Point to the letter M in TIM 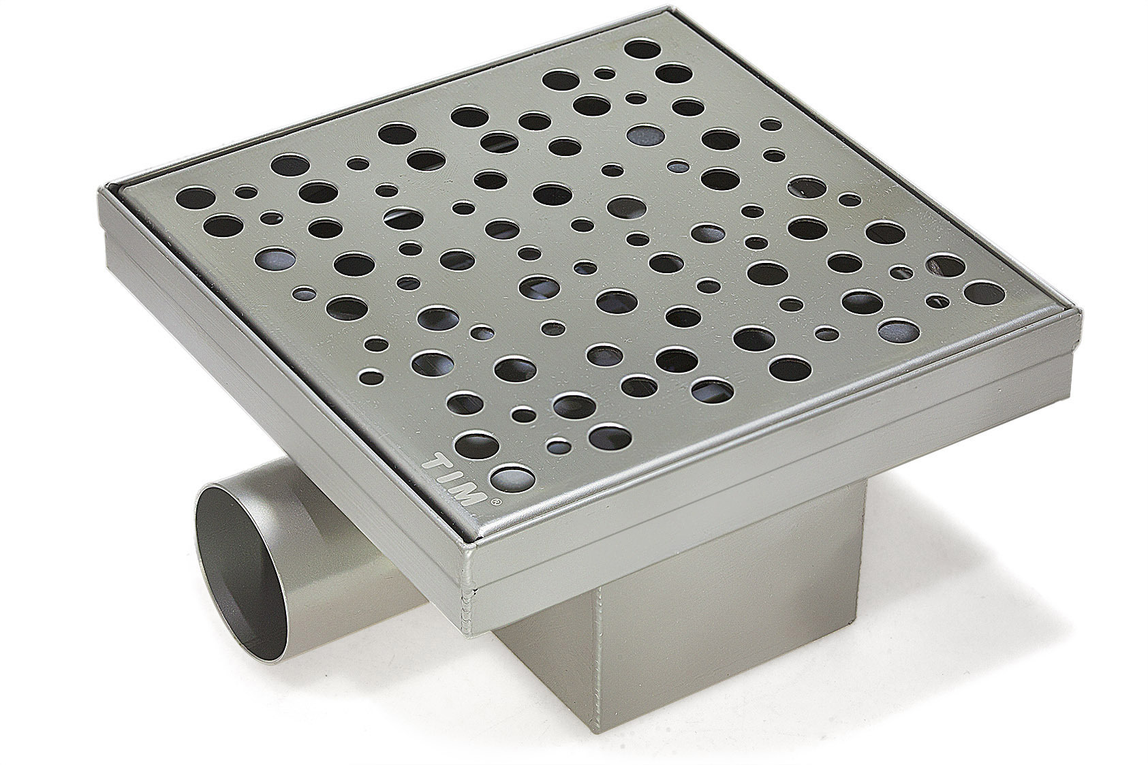pos(470,495)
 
